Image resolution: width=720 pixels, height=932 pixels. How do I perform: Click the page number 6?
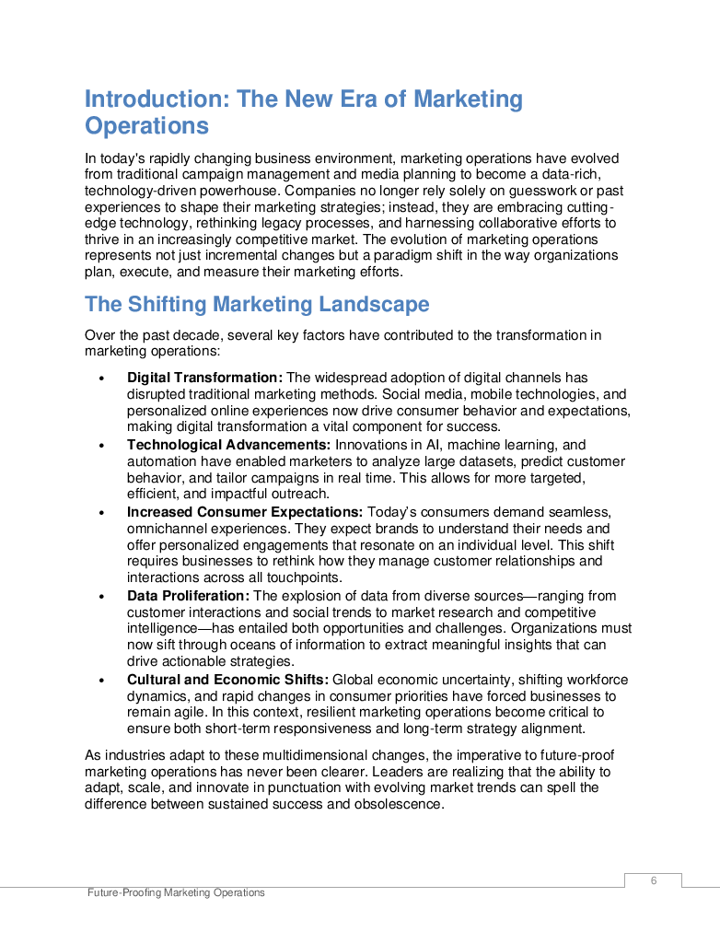(x=654, y=880)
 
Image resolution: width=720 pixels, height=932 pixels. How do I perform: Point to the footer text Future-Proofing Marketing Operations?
(x=177, y=892)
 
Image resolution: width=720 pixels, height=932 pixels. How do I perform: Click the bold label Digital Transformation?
(x=204, y=378)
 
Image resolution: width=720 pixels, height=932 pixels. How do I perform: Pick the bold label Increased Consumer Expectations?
(x=245, y=512)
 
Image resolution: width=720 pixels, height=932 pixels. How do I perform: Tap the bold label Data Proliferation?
(x=188, y=596)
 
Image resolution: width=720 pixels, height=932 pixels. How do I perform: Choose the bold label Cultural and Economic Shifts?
(x=226, y=680)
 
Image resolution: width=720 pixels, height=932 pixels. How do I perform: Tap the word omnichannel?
(x=166, y=529)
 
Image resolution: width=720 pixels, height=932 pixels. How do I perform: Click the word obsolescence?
(x=400, y=803)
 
